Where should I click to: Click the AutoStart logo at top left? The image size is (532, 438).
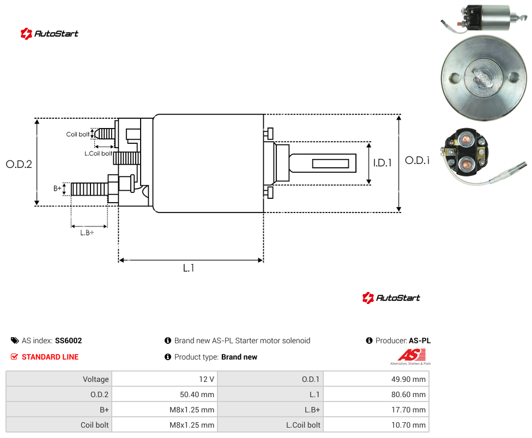49,34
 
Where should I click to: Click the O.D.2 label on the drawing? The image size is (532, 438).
19,165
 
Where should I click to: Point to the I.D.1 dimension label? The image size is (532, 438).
383,163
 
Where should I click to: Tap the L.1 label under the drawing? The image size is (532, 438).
189,268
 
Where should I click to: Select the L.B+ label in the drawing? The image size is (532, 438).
87,233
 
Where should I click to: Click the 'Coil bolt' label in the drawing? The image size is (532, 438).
78,134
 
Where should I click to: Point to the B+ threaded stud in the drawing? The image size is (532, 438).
89,189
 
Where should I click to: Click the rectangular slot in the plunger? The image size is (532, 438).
330,164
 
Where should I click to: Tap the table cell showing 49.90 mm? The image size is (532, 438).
376,379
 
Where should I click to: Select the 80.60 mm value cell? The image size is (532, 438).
376,394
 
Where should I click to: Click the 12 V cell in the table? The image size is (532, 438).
165,379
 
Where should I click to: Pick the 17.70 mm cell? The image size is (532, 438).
376,410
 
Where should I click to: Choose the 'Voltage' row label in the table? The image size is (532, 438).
96,379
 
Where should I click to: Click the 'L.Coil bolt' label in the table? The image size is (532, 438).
303,425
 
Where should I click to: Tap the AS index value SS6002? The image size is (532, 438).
69,340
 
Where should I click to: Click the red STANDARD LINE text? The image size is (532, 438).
50,357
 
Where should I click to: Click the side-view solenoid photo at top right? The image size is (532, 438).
485,19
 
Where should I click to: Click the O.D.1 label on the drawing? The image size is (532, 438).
418,160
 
